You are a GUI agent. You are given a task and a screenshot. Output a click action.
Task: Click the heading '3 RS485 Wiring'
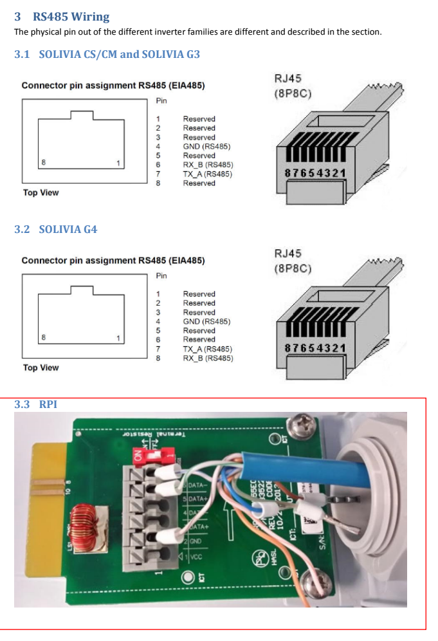tap(62, 17)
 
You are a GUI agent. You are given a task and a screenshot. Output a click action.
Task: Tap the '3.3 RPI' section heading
tap(35, 405)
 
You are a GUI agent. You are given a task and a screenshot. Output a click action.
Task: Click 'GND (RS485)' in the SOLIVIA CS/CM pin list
tap(206, 147)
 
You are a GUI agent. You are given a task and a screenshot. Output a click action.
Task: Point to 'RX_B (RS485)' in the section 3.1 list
tap(207, 165)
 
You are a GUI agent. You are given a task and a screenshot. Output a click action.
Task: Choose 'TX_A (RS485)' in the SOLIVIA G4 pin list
tap(207, 349)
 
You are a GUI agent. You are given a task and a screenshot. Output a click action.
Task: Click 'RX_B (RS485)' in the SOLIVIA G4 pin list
tap(208, 358)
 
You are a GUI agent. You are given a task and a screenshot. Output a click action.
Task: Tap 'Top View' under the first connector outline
tap(41, 192)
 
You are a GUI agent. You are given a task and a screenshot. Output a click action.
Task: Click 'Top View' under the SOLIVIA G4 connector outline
tap(41, 367)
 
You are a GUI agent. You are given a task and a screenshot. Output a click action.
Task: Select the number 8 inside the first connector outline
tap(44, 162)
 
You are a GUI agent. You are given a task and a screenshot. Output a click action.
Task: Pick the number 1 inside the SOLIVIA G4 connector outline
tap(118, 337)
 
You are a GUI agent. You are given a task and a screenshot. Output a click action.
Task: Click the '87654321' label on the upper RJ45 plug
tap(315, 173)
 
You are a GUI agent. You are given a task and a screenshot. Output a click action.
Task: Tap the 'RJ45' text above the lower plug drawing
tap(287, 254)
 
